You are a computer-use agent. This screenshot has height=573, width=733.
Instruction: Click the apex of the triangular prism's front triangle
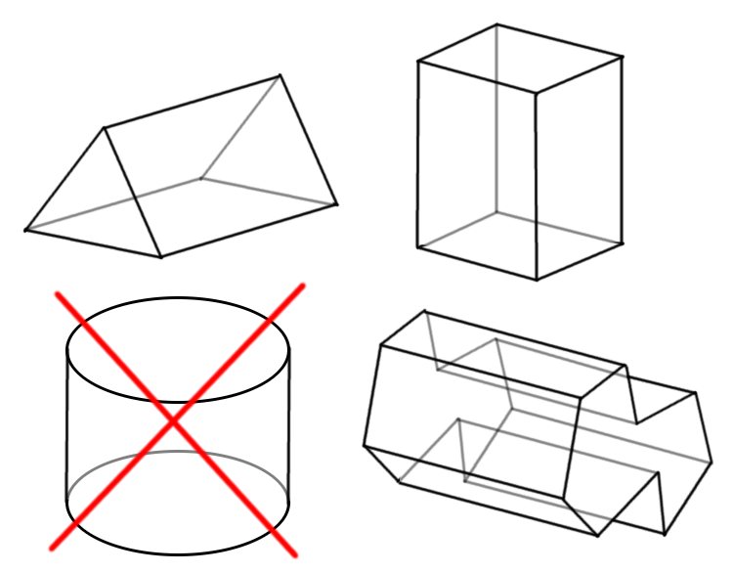[x=105, y=127]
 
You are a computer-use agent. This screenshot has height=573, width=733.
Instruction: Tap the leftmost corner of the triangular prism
[x=25, y=231]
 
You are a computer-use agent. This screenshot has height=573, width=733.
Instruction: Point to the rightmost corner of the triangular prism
[x=336, y=204]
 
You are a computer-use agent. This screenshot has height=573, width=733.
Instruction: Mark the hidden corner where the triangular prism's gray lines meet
[x=201, y=179]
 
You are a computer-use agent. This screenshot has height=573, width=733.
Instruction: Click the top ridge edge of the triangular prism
[x=192, y=102]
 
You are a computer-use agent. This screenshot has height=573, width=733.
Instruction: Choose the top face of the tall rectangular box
[x=519, y=59]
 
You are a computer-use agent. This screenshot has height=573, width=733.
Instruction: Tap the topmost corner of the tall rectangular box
[x=496, y=24]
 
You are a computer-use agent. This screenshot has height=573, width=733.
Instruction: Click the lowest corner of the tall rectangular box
[x=536, y=280]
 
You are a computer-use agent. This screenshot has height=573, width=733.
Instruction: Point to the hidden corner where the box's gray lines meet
[x=496, y=211]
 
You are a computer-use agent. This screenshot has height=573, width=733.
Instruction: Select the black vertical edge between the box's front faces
[x=536, y=186]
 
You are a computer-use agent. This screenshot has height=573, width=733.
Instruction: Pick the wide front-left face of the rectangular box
[x=476, y=166]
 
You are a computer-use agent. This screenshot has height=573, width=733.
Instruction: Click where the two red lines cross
[x=174, y=420]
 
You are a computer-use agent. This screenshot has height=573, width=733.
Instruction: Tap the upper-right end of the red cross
[x=302, y=286]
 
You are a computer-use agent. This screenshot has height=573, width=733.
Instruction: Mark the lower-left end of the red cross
[x=51, y=547]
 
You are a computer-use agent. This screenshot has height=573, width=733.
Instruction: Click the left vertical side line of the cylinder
[x=66, y=425]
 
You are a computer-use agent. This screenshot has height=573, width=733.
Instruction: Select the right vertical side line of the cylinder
[x=289, y=425]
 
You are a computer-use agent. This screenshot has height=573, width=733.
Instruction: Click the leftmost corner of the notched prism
[x=365, y=447]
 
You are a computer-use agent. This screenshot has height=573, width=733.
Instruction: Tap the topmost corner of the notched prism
[x=424, y=312]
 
